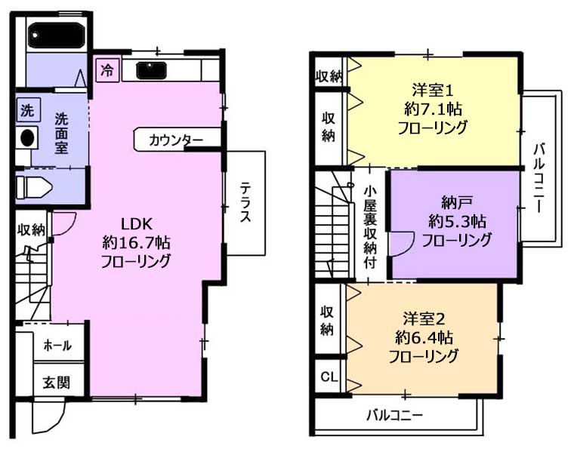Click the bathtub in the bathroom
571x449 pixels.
coord(57,35)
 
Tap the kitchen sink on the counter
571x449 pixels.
coord(151,70)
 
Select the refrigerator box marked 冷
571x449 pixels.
coord(107,70)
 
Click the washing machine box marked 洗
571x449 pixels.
coord(28,109)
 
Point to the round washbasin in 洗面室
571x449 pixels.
coord(27,137)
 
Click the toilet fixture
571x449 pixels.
coord(34,187)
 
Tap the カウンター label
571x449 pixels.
coord(175,140)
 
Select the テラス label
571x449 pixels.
coord(245,203)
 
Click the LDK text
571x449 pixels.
coord(137,224)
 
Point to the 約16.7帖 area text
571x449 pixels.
coord(136,242)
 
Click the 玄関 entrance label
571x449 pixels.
coord(57,383)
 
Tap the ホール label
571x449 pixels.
coord(57,345)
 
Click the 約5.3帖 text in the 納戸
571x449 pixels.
coord(457,221)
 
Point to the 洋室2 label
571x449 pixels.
coord(424,319)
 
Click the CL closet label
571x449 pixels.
coord(329,377)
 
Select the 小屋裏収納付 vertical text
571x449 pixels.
coord(370,227)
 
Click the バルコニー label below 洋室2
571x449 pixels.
coord(395,415)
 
